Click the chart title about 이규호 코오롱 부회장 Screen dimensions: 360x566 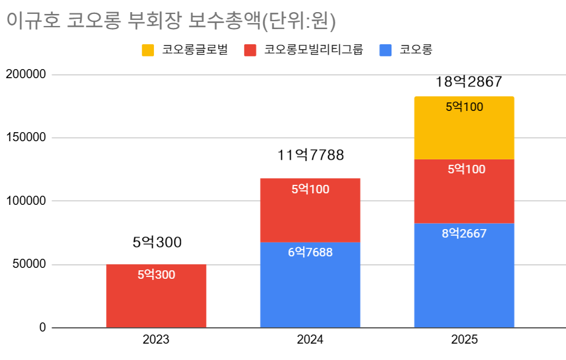pos(171,21)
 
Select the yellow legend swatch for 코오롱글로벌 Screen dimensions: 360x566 pos(148,50)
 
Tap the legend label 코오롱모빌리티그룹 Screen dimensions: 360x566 pos(313,50)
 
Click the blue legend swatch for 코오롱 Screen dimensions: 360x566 pos(385,50)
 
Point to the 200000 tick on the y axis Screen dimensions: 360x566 pos(25,75)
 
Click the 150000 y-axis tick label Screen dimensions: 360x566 pos(25,138)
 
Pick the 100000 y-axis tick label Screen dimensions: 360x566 pos(25,201)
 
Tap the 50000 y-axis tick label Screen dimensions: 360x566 pos(28,264)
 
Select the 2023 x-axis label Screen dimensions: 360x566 pos(156,340)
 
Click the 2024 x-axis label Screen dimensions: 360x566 pos(310,340)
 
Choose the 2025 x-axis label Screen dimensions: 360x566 pos(464,340)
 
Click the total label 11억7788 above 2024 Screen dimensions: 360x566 pos(310,156)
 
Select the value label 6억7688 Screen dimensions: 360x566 pos(310,252)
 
